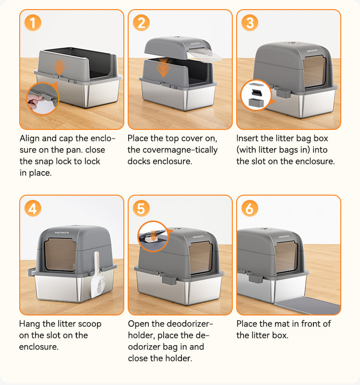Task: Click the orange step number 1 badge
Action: click(33, 23)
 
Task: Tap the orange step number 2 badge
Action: click(141, 23)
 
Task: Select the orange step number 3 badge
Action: click(250, 23)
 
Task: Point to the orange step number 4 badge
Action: click(33, 209)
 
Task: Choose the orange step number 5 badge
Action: click(141, 209)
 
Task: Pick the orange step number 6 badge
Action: click(250, 209)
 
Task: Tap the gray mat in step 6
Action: click(308, 305)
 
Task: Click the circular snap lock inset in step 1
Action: click(43, 98)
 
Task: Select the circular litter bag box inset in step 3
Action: click(256, 95)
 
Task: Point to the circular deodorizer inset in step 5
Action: click(153, 236)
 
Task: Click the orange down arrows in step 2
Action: click(163, 67)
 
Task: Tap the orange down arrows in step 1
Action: click(59, 67)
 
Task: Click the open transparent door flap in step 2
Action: click(204, 55)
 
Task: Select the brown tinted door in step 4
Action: click(60, 255)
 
